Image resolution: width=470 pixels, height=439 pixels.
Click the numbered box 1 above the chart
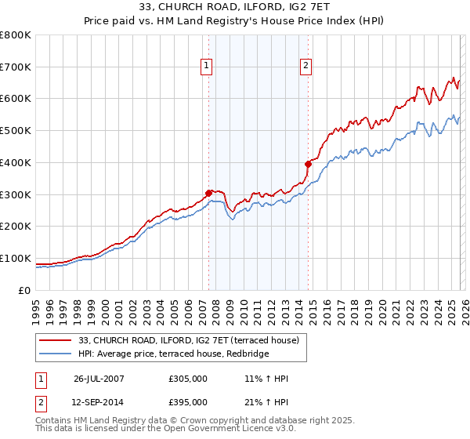tap(207, 66)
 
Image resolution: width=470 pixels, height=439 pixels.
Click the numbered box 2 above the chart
tap(305, 66)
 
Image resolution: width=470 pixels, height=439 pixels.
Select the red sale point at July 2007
tap(208, 193)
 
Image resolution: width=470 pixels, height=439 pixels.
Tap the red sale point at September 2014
tap(308, 164)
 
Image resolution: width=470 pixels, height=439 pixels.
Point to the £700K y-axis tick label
tap(15, 67)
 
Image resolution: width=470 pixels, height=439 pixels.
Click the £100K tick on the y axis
tap(15, 258)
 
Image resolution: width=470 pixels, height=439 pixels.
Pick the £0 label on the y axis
tap(25, 290)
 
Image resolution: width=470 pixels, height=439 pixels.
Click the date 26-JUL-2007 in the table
tap(99, 379)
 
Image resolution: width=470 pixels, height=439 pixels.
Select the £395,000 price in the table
tap(188, 401)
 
